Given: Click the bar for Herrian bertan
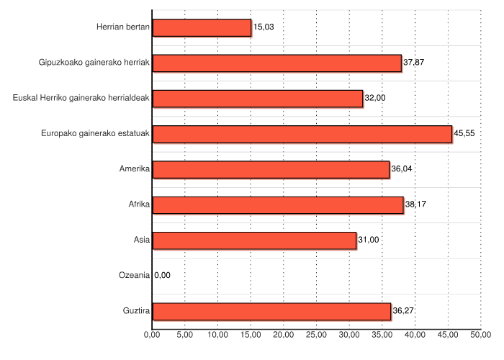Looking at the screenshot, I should (202, 27).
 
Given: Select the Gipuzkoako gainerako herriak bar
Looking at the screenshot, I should (277, 63).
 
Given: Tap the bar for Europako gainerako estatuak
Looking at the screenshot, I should (302, 134).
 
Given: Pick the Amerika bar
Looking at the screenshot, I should (271, 169).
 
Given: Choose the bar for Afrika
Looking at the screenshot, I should (278, 205).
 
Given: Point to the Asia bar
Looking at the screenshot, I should (254, 240).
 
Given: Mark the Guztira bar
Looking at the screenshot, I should (271, 311).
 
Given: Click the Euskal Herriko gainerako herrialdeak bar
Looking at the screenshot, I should (258, 99).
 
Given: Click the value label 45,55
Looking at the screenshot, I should (464, 134).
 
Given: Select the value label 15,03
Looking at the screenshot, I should (264, 27).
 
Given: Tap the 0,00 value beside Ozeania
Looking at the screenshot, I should (163, 276).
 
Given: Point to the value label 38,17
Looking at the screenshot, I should (415, 205).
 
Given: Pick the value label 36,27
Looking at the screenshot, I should (403, 311).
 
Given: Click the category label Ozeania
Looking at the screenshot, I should (134, 276).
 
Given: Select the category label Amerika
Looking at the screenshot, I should (135, 169).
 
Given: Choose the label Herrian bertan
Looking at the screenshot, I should (123, 27).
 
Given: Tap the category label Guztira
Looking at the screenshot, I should (135, 311).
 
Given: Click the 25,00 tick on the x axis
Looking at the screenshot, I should (317, 335).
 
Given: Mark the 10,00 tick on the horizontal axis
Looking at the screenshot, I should (217, 335).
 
